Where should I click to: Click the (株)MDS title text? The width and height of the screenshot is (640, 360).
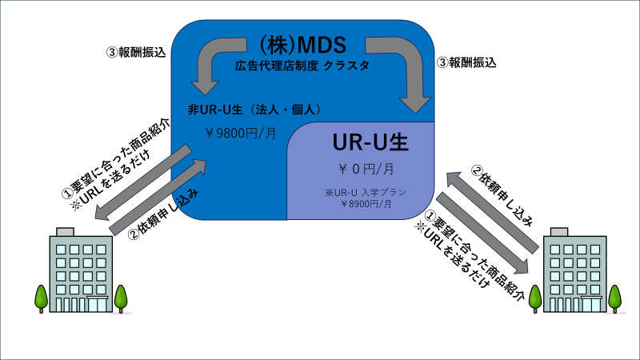point(302,45)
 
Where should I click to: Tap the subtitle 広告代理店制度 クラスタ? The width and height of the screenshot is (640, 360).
point(302,66)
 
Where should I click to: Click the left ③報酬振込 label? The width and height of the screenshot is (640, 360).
point(136,53)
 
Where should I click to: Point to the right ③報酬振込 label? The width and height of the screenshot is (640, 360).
point(466,62)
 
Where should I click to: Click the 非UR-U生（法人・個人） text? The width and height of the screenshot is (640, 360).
point(254,110)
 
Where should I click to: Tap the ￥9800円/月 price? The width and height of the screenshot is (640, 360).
point(241,133)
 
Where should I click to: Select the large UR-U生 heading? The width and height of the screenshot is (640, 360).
point(370,142)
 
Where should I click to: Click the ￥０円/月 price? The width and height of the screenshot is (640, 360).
point(366,169)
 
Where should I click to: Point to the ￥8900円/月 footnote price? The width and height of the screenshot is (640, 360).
point(366,204)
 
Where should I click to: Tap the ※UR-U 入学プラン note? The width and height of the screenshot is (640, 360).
point(366,192)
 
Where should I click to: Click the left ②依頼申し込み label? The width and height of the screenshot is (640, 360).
point(164,214)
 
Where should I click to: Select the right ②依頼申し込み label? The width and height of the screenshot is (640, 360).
point(502,195)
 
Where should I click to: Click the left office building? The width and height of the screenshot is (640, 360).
point(81,270)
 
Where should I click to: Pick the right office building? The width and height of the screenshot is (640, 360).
point(574,270)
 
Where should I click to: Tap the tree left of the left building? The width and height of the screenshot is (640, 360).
point(42,298)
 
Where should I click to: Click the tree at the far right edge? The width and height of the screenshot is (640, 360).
point(614,298)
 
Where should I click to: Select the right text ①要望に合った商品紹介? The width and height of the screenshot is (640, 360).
point(474,255)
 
